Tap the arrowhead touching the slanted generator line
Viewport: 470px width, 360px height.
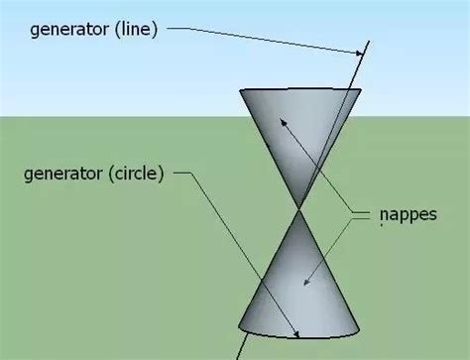point(358,53)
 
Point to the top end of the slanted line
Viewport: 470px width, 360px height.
point(368,42)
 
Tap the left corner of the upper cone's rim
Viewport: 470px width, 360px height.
point(241,92)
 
